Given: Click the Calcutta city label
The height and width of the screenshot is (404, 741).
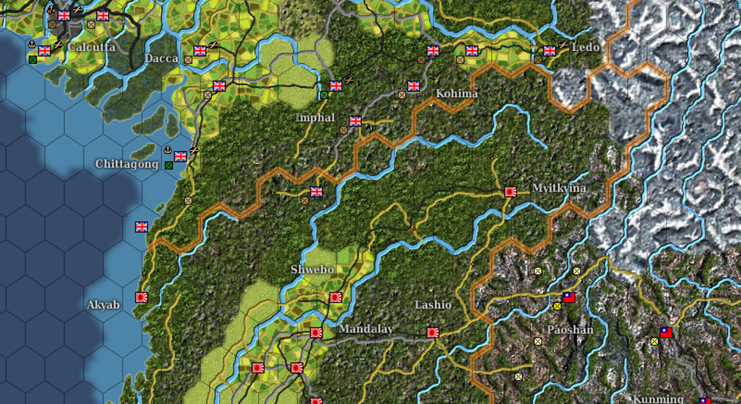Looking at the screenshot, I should click(x=92, y=47).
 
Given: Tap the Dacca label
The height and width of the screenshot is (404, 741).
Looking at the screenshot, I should click(x=162, y=58).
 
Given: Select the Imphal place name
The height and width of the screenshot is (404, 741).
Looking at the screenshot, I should click(x=315, y=118).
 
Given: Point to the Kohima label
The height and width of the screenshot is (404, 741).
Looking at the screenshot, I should click(x=457, y=93).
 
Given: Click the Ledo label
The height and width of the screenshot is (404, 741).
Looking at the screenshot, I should click(x=586, y=47).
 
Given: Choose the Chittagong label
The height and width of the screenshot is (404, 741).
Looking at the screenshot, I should click(x=127, y=164).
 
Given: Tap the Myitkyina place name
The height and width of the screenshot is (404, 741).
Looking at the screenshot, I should click(x=559, y=188).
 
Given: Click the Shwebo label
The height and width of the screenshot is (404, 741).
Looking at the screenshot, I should click(x=312, y=269).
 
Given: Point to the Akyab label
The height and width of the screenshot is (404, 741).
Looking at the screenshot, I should click(x=103, y=305).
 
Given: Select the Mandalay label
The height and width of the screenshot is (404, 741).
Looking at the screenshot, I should click(x=366, y=329).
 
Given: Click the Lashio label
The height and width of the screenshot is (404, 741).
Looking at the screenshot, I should click(x=433, y=305).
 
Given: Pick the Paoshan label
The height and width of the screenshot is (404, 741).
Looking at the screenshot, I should click(x=570, y=330).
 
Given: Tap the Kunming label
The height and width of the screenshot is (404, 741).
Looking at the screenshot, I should click(x=658, y=399).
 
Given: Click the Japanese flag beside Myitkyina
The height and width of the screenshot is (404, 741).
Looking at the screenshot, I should click(x=510, y=192).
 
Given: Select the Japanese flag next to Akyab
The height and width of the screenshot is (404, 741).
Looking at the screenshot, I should click(x=142, y=297).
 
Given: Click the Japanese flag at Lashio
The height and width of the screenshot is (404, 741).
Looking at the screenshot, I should click(x=433, y=332).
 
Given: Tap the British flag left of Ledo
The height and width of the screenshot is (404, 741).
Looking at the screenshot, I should click(x=550, y=51).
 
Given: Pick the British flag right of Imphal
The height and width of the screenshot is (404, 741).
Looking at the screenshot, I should click(x=355, y=122).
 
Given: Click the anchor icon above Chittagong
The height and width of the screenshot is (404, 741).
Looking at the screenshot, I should click(x=168, y=150).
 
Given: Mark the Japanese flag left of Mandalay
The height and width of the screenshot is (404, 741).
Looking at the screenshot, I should click(x=316, y=332).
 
